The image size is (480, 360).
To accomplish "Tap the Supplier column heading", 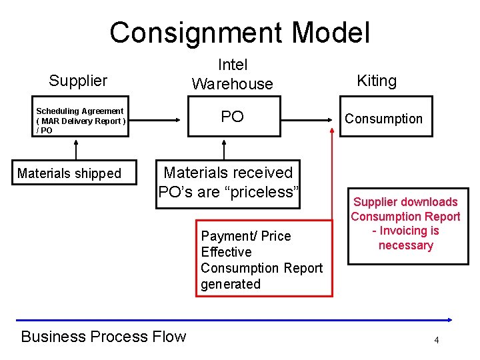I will (x=78, y=81).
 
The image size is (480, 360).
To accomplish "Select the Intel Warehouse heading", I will (x=232, y=74).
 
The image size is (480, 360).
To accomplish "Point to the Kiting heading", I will (x=377, y=81).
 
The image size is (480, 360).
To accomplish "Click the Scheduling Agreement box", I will (x=80, y=121).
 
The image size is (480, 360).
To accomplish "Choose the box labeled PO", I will (x=232, y=117).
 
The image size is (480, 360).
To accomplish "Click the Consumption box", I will (x=383, y=119).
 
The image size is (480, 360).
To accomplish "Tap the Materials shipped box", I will (x=69, y=173).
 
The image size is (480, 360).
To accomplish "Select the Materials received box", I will (x=229, y=183).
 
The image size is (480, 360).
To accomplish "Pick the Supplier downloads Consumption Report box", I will (x=405, y=224).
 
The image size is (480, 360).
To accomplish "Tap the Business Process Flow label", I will (x=103, y=337).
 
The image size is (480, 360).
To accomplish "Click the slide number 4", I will (x=436, y=341).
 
